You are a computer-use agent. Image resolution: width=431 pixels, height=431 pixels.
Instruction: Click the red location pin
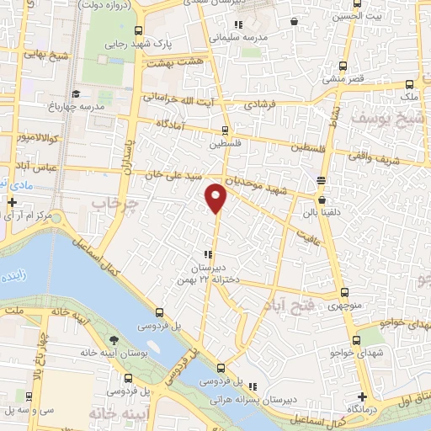217,197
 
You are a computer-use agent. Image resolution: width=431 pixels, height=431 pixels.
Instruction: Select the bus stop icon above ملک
409,85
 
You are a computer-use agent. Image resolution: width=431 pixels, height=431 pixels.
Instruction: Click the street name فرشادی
261,107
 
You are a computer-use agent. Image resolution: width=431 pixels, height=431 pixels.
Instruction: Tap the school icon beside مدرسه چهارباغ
76,93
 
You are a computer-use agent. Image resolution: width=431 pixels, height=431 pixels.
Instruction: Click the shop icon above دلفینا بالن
321,180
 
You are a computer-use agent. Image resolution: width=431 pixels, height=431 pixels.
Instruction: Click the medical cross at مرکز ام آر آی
12,203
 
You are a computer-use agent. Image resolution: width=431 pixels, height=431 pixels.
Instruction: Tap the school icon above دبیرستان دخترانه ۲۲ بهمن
207,255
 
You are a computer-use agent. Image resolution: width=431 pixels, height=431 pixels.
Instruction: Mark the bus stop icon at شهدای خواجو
357,340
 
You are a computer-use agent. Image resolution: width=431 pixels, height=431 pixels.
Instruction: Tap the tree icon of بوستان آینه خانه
113,342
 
